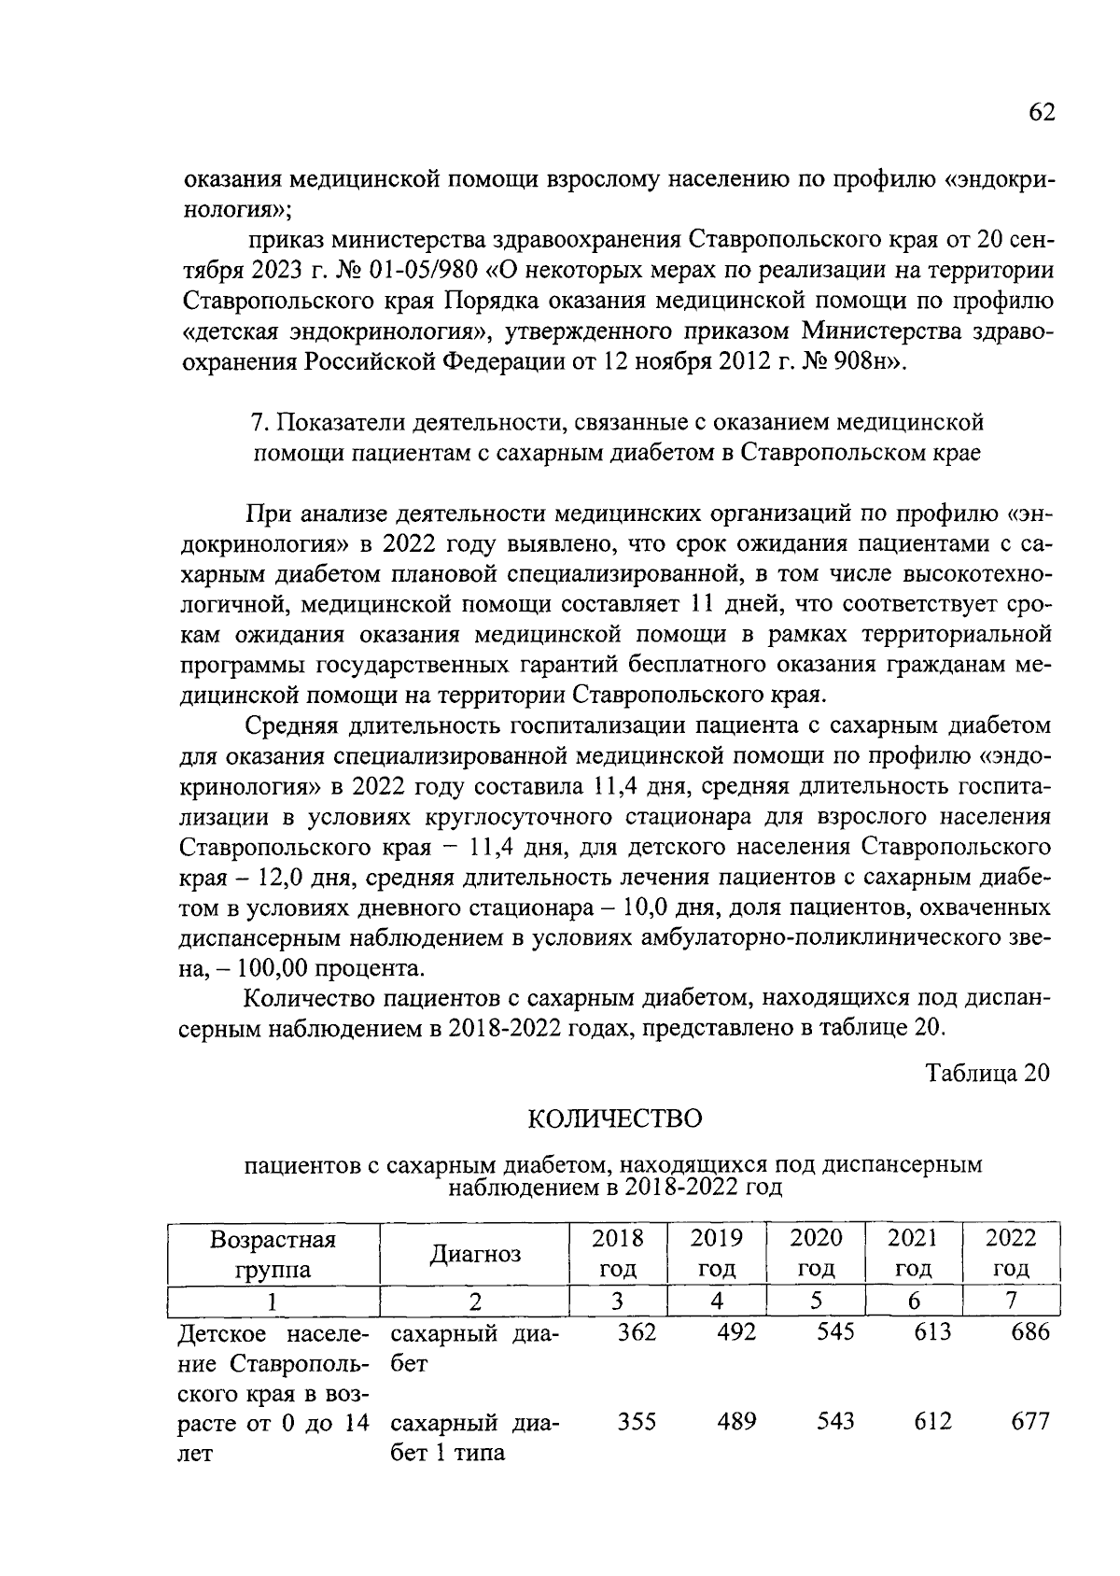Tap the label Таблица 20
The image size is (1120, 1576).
[x=987, y=1073]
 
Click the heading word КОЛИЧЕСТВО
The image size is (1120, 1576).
[x=614, y=1118]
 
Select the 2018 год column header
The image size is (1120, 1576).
[x=618, y=1253]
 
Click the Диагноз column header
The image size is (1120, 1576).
[x=474, y=1253]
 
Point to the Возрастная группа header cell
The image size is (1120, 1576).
[x=273, y=1253]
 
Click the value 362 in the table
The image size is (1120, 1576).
[x=637, y=1332]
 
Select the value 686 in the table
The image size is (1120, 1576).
[x=1030, y=1332]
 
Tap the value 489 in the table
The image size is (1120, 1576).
[x=736, y=1422]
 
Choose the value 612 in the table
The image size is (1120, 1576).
[x=932, y=1422]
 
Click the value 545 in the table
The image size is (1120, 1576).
[x=834, y=1332]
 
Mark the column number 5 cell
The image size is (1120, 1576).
[x=815, y=1301]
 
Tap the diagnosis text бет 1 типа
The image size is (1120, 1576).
[x=447, y=1453]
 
